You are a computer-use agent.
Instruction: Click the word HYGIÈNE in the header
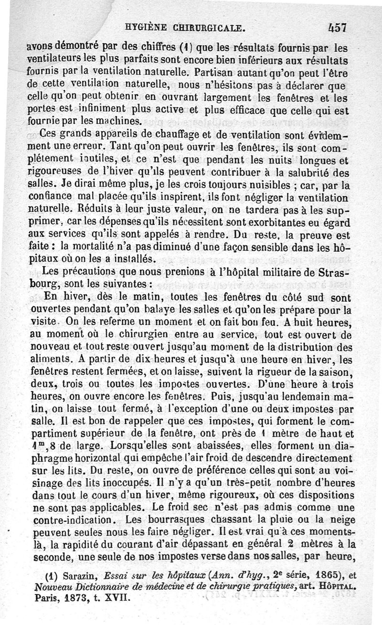146,27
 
